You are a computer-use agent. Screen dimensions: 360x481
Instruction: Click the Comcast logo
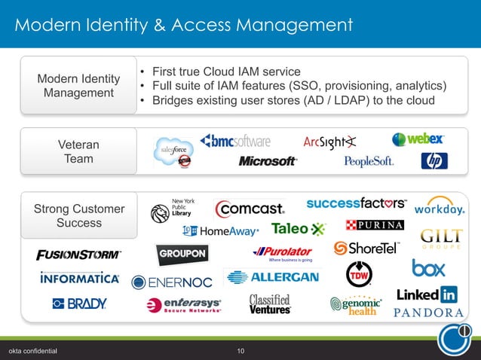pos(250,208)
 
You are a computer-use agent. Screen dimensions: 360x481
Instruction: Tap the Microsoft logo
pos(268,161)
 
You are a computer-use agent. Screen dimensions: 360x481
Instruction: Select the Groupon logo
pos(182,255)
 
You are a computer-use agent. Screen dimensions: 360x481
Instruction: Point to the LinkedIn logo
pos(427,294)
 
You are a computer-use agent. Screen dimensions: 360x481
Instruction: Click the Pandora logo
pos(428,313)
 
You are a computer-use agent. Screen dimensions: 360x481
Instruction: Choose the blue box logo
pos(428,267)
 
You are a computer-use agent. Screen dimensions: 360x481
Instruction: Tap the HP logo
pos(434,160)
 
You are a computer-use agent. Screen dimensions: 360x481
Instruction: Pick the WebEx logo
pos(418,139)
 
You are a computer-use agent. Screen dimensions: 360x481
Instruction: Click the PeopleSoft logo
pos(369,161)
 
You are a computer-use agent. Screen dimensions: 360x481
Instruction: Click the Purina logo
pos(374,224)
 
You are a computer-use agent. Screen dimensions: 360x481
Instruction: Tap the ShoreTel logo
pos(366,248)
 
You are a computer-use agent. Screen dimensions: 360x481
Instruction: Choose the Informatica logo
pos(79,278)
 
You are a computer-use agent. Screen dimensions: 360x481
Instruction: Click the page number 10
pos(240,351)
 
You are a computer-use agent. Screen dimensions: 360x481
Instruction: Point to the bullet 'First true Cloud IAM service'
pos(226,72)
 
